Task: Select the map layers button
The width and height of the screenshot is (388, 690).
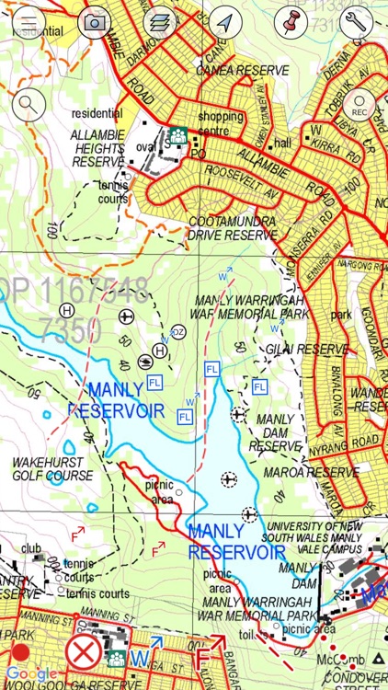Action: point(161,21)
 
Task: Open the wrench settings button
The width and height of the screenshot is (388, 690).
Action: point(359,21)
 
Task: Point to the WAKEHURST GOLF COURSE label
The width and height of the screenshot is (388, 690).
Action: point(52,469)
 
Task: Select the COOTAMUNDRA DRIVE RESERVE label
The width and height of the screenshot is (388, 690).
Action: point(232,228)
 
